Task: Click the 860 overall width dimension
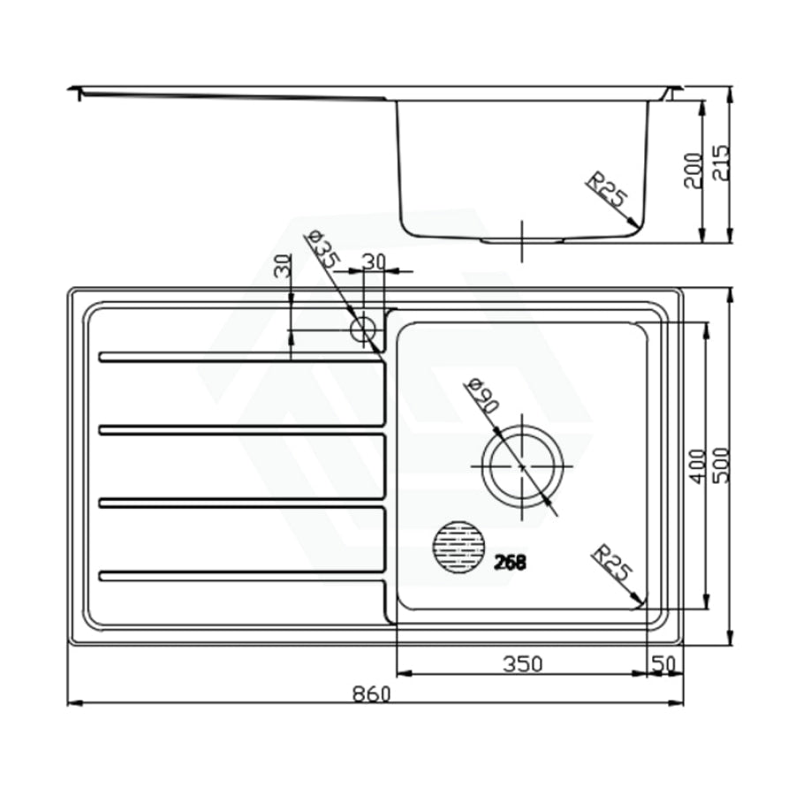371,694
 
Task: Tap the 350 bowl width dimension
522,663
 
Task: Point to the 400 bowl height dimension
697,466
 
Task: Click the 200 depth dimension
693,170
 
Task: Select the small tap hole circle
363,330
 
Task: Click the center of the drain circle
522,466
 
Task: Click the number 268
510,563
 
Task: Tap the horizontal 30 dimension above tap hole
374,261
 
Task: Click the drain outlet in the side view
522,238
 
